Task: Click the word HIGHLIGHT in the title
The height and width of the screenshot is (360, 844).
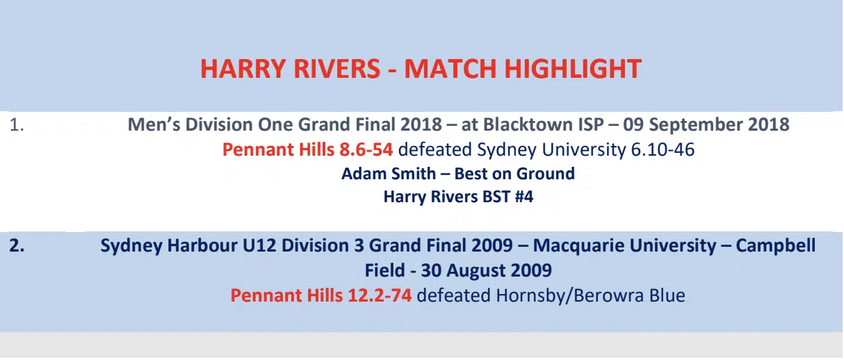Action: click(573, 69)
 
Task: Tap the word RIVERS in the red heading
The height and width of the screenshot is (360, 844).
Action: click(336, 69)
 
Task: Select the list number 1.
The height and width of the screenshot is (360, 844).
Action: click(16, 125)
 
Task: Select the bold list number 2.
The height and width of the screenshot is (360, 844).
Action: click(17, 245)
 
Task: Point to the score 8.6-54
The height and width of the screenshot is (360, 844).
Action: click(366, 149)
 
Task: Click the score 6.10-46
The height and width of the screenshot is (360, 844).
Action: click(663, 149)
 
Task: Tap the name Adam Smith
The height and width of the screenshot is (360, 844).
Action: click(389, 174)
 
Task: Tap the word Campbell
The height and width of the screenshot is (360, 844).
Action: click(775, 245)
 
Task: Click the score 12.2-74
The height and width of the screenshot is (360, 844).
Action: click(380, 295)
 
